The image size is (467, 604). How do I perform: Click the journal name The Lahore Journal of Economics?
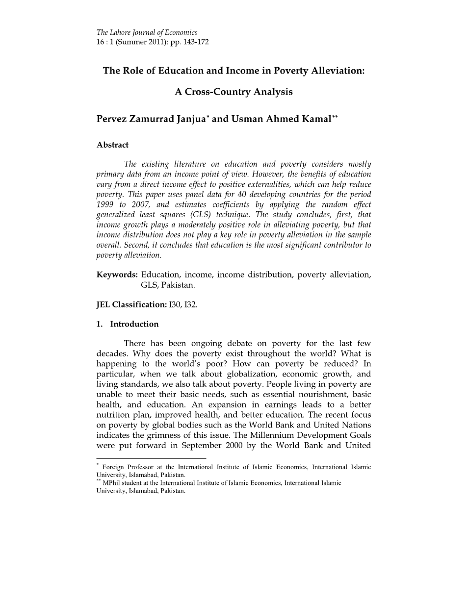click(x=147, y=33)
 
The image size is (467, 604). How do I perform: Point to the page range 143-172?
click(x=196, y=42)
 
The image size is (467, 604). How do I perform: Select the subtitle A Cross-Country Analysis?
click(x=233, y=92)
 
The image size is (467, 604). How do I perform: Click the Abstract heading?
click(x=112, y=145)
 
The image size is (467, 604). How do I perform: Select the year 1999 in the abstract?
click(x=105, y=204)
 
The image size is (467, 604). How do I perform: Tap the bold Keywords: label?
click(x=117, y=275)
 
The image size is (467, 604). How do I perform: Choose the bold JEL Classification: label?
click(x=131, y=304)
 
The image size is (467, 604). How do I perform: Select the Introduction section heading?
click(x=134, y=324)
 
